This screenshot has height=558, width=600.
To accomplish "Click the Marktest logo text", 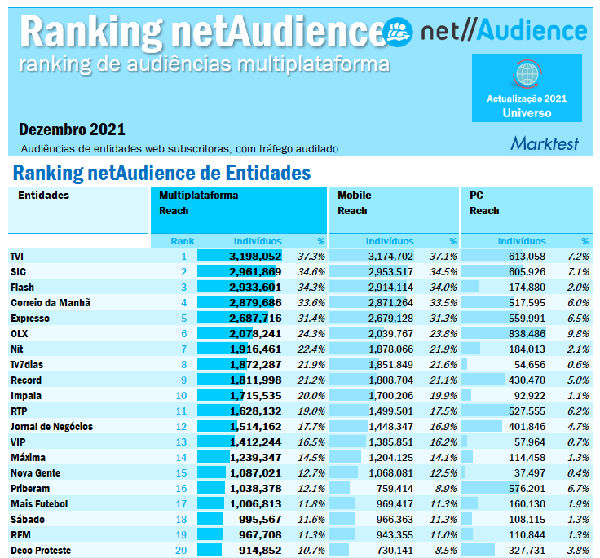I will click(545, 143).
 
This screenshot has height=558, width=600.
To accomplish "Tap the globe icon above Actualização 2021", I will click(527, 75).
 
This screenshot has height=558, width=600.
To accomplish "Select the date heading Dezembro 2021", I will click(72, 130).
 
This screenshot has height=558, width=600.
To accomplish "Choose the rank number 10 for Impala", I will click(183, 395).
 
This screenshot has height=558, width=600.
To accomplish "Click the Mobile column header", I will click(355, 196).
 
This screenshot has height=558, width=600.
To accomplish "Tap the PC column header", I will click(477, 196).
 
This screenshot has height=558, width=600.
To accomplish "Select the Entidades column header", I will click(43, 196).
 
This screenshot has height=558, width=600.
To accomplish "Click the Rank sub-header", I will click(183, 241).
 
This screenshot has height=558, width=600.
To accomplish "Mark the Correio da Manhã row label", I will click(50, 302).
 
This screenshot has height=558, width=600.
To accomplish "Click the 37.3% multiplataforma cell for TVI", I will click(311, 256).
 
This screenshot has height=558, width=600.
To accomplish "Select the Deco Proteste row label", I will click(41, 550).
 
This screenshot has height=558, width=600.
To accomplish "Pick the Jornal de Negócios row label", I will click(51, 426).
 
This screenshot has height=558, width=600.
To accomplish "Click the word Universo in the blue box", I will click(527, 113).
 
